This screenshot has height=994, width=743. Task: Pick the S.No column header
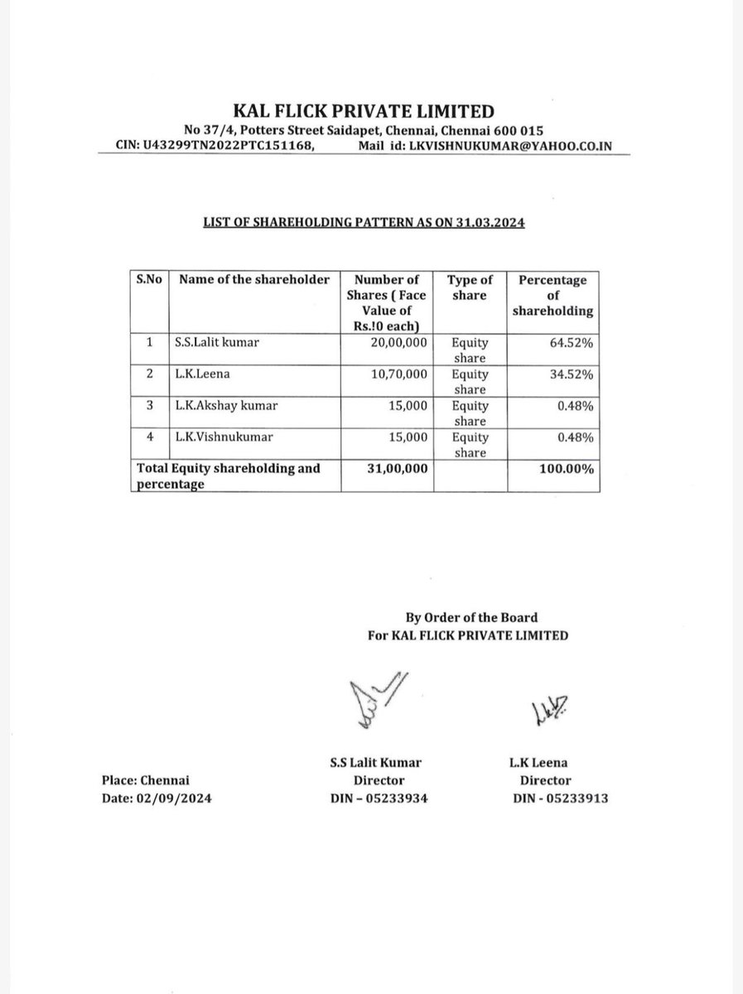coord(148,279)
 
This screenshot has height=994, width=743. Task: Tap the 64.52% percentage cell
coord(575,341)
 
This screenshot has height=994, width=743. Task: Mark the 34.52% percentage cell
coord(575,374)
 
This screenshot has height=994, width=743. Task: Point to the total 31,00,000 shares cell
coord(397,469)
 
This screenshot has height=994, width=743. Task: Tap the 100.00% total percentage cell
coord(570,469)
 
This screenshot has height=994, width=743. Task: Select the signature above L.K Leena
coord(548,708)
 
